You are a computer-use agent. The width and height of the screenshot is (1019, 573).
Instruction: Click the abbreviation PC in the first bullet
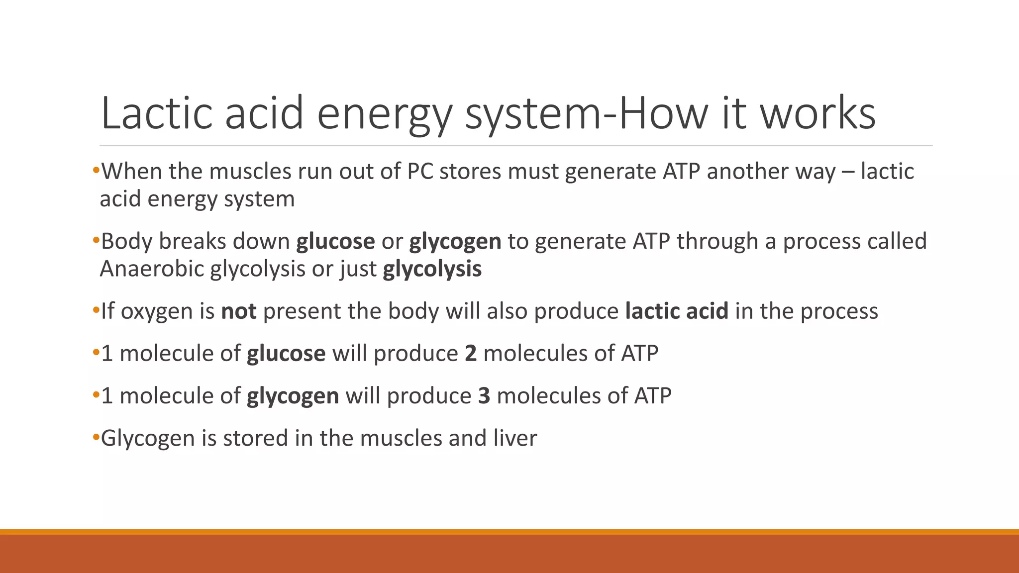point(419,172)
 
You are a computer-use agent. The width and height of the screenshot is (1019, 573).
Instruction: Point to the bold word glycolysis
point(432,269)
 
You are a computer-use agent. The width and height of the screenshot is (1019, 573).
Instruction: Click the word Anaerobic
point(152,269)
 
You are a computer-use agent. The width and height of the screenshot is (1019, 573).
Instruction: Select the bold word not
point(239,311)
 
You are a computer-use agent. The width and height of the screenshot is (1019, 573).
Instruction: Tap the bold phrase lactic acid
point(677,311)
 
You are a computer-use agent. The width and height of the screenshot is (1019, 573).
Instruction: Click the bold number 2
point(471,354)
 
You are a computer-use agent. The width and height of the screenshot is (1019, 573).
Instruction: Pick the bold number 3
point(484,396)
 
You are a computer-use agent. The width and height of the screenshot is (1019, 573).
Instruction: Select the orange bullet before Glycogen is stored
point(96,438)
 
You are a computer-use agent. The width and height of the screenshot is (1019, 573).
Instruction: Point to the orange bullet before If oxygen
point(96,311)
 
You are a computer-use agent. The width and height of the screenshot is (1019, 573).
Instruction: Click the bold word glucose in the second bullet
point(335,242)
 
